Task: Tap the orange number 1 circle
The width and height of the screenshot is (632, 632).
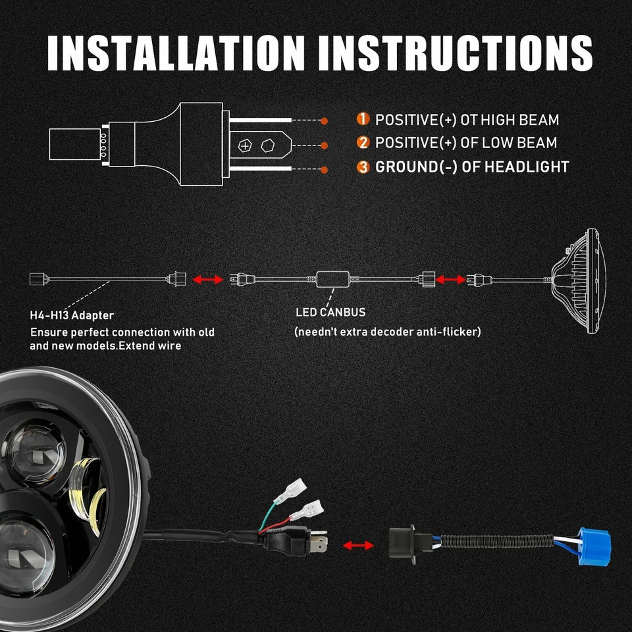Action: pyautogui.click(x=363, y=120)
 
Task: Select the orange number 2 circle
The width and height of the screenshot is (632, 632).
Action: pyautogui.click(x=363, y=143)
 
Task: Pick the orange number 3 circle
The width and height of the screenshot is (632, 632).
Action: pyautogui.click(x=363, y=167)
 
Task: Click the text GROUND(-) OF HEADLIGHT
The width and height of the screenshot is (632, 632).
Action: pyautogui.click(x=471, y=167)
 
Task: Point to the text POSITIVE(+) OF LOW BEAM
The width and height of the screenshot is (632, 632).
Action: pyautogui.click(x=466, y=143)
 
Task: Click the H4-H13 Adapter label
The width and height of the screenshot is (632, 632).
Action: pyautogui.click(x=72, y=316)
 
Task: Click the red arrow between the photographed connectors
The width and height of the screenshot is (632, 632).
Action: pyautogui.click(x=357, y=545)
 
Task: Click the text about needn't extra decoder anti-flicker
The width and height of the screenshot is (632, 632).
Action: pyautogui.click(x=387, y=331)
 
